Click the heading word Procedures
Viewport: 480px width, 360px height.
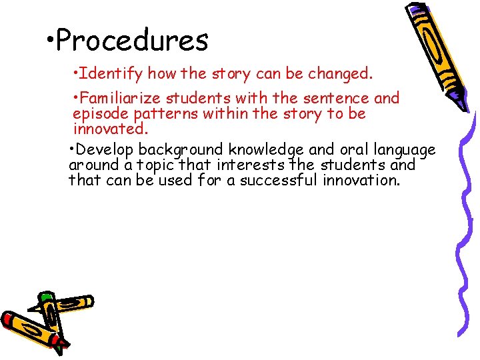(132, 41)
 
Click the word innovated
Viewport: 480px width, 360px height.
(110, 128)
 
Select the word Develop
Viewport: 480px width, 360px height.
(107, 149)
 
